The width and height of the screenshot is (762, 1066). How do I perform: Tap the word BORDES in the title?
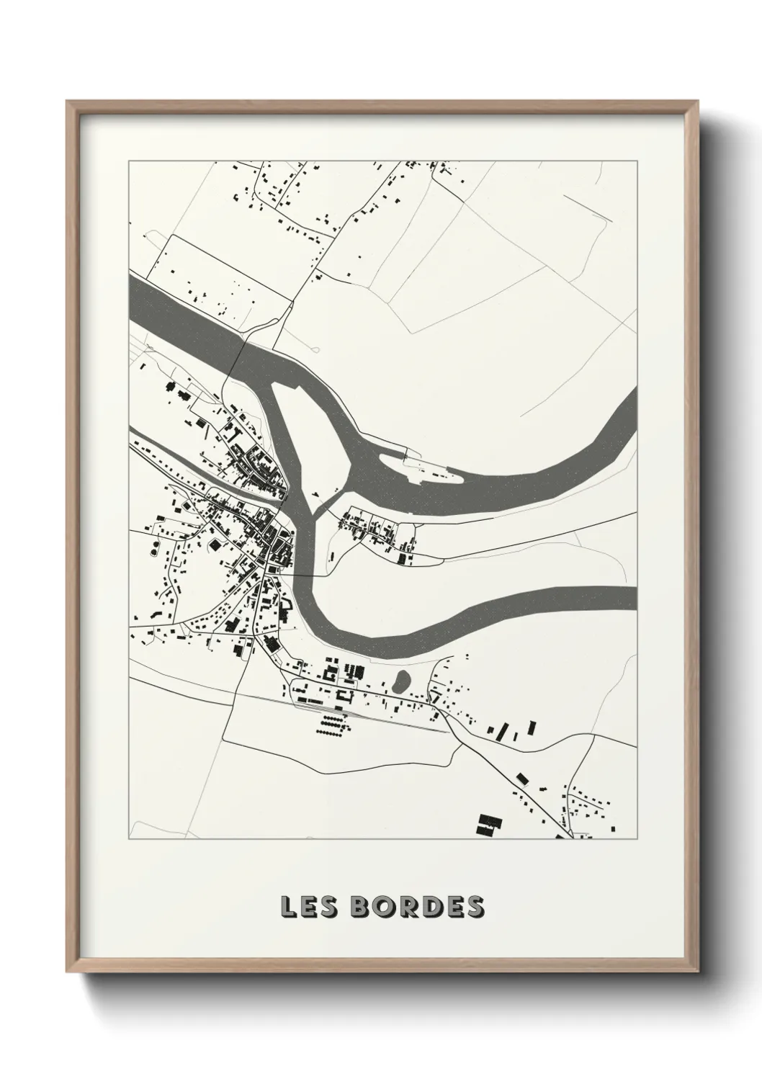point(418,907)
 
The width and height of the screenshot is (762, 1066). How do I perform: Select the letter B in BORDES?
point(363,907)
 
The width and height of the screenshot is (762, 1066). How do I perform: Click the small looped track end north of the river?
point(315,349)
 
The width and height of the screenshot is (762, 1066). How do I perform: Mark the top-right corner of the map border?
point(637,161)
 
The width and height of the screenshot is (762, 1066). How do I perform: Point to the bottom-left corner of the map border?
point(129,839)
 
